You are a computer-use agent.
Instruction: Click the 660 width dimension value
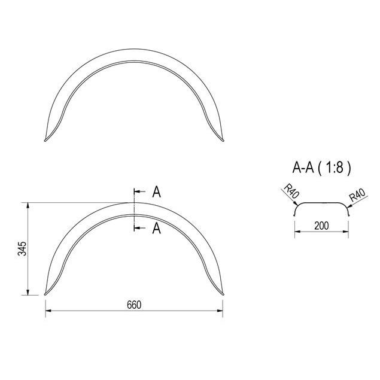coord(134,305)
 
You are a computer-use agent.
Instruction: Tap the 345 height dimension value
coord(22,249)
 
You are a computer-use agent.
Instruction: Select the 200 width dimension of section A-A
coord(321,226)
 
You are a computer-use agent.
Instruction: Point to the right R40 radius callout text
coord(357,195)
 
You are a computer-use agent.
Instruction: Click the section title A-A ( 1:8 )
coord(321,167)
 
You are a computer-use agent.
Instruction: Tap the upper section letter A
coord(157,192)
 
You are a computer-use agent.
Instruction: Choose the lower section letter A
coord(157,228)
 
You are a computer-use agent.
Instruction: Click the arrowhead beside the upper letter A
coord(137,191)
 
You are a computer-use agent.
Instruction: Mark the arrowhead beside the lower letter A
coord(137,228)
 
